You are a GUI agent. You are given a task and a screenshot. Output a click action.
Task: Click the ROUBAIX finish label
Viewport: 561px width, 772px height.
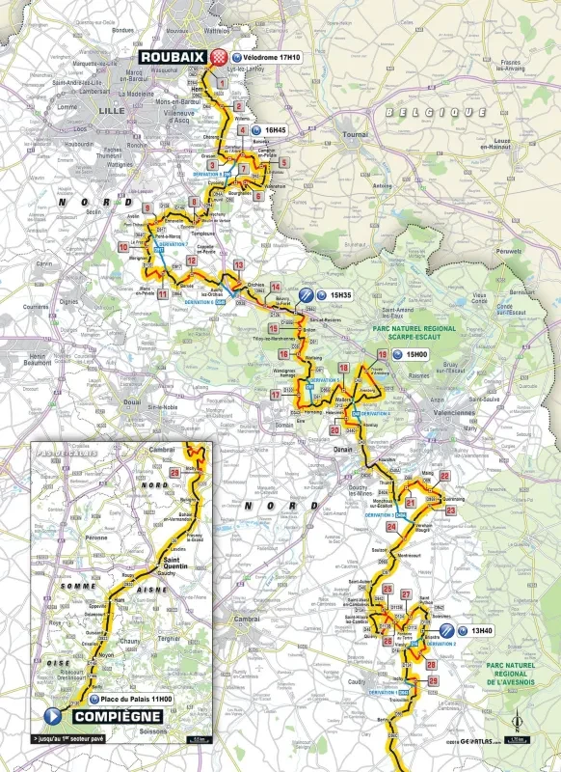coord(170,57)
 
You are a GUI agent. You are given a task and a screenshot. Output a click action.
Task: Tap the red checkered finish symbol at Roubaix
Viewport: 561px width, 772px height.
coord(219,57)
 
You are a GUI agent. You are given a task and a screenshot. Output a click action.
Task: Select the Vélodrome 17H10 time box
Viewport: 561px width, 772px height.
coord(265,57)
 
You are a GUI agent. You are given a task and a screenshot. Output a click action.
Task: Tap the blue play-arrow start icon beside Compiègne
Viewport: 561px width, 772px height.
coord(52,717)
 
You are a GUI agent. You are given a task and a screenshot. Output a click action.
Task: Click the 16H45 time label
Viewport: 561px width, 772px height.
coord(277,128)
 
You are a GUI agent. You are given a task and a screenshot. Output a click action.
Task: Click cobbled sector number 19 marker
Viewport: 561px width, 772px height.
coord(384,356)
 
